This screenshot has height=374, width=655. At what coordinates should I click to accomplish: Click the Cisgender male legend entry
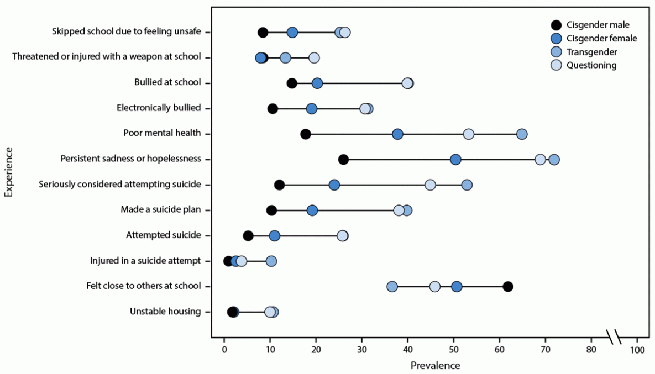tap(556, 25)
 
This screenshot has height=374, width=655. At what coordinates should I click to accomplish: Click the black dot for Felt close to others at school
tap(508, 286)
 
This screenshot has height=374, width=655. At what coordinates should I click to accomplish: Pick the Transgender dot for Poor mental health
tap(522, 134)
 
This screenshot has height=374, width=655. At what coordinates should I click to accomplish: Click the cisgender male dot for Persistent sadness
tap(343, 160)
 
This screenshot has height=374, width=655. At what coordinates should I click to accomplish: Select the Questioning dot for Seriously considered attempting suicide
tap(430, 185)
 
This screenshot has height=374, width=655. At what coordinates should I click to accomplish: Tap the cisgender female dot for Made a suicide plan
tap(312, 210)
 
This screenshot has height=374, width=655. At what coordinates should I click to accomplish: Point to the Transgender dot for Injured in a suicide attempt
tap(271, 261)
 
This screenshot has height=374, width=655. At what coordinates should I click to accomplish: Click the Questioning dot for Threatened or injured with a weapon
tap(314, 58)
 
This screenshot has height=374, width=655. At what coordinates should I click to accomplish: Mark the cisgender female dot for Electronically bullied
tap(312, 109)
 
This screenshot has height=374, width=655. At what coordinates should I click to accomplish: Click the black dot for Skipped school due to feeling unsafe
tap(263, 33)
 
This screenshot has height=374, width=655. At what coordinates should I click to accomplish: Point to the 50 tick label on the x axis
tap(453, 350)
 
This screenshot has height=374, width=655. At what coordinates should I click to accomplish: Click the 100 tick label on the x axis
tap(637, 350)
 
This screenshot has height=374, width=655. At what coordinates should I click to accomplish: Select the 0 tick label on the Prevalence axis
tap(224, 350)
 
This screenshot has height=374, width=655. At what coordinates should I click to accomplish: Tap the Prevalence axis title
tap(435, 365)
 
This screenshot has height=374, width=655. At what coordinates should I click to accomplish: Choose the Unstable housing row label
tap(165, 312)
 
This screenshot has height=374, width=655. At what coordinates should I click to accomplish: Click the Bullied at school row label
tap(167, 83)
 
